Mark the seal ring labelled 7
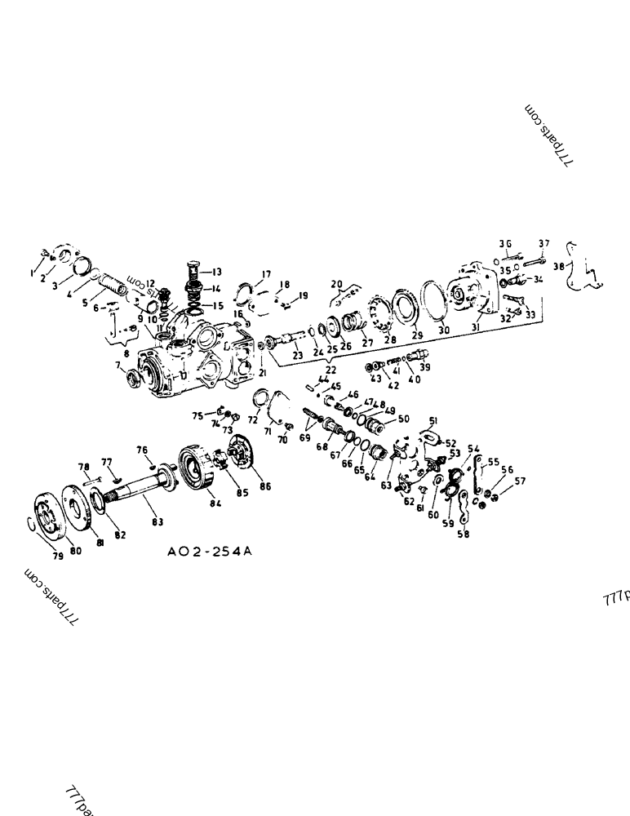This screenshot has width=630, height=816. coord(129,379)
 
